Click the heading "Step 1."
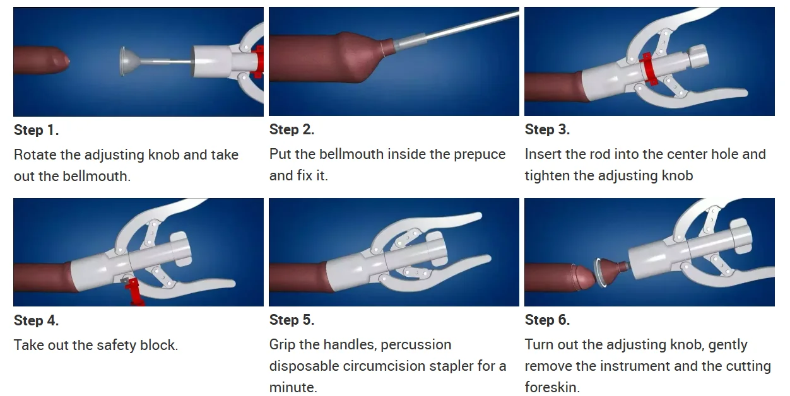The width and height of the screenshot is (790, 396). [x=37, y=130]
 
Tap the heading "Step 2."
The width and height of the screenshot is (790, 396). [x=292, y=129]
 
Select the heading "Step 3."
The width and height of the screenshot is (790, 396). [x=547, y=129]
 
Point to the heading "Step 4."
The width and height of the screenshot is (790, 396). [x=37, y=320]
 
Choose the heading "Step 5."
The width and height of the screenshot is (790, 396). [x=292, y=320]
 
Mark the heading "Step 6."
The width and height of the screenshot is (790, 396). [x=547, y=320]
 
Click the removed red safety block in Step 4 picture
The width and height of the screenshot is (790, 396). [x=133, y=291]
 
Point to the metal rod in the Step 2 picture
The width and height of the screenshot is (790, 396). [x=455, y=30]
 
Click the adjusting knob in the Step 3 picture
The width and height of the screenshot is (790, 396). [x=698, y=57]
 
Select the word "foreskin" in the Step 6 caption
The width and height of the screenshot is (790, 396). [x=551, y=387]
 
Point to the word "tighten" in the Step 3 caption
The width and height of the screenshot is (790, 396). [x=547, y=176]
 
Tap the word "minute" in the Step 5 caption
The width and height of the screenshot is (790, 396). [x=292, y=387]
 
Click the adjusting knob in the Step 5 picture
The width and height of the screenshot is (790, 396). [x=437, y=248]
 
